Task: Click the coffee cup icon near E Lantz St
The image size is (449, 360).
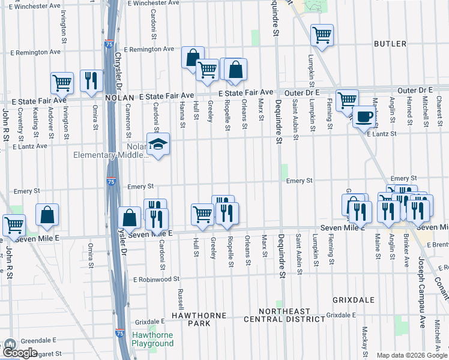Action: pyautogui.click(x=364, y=116)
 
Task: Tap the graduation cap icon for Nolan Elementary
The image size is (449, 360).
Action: pyautogui.click(x=158, y=145)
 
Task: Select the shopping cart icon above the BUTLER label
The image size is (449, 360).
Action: pyautogui.click(x=322, y=35)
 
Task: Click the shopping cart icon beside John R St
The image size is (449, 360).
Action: pyautogui.click(x=14, y=226)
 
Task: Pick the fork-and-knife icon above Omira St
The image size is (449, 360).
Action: pyautogui.click(x=91, y=81)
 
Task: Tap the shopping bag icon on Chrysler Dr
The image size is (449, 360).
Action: pyautogui.click(x=129, y=218)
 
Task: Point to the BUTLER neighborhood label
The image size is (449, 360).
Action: pyautogui.click(x=390, y=44)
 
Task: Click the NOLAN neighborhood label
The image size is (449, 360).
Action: pyautogui.click(x=119, y=97)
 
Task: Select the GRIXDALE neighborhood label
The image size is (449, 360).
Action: pyautogui.click(x=354, y=299)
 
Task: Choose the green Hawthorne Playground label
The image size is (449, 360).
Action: pyautogui.click(x=152, y=340)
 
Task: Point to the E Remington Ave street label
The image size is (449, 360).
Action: pyautogui.click(x=148, y=49)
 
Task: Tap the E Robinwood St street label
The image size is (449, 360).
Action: pyautogui.click(x=157, y=279)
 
